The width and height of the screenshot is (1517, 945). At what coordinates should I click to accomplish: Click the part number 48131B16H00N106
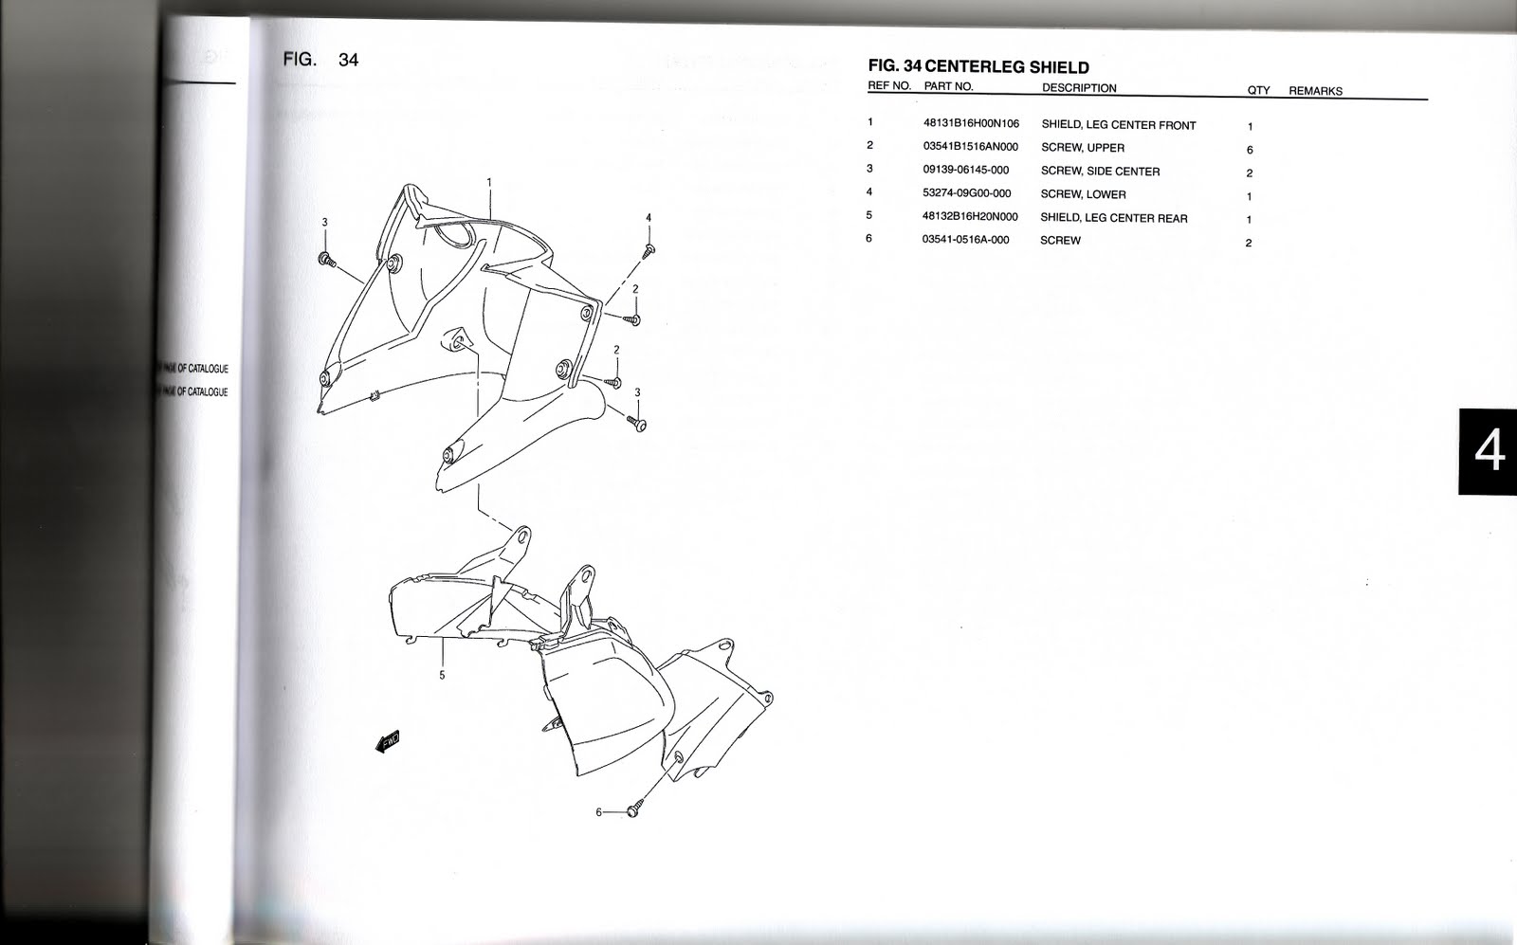pyautogui.click(x=971, y=124)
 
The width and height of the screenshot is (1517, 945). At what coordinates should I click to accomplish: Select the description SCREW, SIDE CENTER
pyautogui.click(x=1100, y=171)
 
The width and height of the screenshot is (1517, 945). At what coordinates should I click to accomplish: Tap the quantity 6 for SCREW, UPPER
pyautogui.click(x=1250, y=150)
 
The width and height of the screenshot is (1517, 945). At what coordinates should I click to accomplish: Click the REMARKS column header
pyautogui.click(x=1315, y=91)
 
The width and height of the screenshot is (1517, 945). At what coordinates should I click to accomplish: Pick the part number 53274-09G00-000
pyautogui.click(x=966, y=193)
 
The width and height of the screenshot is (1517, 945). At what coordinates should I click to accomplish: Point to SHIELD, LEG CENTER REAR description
pyautogui.click(x=1113, y=217)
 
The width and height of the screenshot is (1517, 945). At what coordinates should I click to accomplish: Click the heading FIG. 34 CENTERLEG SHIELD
pyautogui.click(x=978, y=67)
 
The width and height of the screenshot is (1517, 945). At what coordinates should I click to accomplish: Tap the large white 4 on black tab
pyautogui.click(x=1489, y=452)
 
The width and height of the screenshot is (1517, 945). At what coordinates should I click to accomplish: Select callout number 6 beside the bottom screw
pyautogui.click(x=598, y=812)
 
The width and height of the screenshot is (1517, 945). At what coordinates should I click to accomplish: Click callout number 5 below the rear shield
pyautogui.click(x=442, y=676)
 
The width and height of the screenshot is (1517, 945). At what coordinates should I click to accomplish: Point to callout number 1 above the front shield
pyautogui.click(x=489, y=181)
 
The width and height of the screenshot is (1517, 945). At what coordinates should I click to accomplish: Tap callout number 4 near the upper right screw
pyautogui.click(x=649, y=218)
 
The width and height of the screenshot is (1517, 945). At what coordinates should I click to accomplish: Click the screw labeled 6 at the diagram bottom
pyautogui.click(x=633, y=812)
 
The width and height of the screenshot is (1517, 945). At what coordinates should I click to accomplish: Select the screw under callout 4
pyautogui.click(x=650, y=250)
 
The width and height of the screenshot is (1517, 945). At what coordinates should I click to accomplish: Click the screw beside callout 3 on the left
pyautogui.click(x=327, y=259)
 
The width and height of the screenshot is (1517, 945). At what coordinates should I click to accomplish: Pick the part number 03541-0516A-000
pyautogui.click(x=965, y=240)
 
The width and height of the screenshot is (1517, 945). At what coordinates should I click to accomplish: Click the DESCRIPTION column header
pyautogui.click(x=1079, y=88)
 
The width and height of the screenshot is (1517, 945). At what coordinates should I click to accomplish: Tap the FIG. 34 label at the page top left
pyautogui.click(x=320, y=60)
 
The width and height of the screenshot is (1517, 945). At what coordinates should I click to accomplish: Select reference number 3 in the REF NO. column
pyautogui.click(x=869, y=169)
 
